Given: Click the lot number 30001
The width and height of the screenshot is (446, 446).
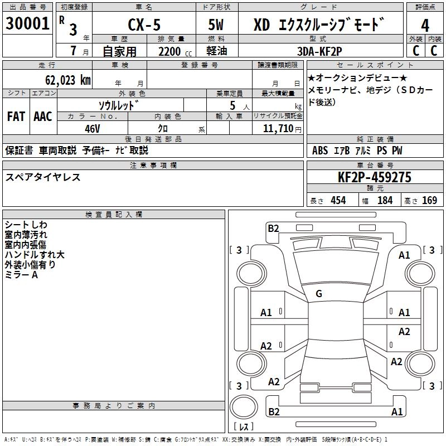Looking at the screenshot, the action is (x=28, y=24).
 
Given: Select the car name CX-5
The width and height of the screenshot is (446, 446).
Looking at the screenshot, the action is (x=142, y=26).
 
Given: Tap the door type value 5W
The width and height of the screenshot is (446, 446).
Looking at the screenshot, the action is (x=216, y=26).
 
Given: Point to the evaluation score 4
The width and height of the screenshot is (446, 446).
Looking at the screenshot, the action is (x=425, y=25).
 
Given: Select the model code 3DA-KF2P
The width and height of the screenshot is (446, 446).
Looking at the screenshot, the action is (x=319, y=51).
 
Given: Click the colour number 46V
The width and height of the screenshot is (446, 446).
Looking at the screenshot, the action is (x=92, y=128).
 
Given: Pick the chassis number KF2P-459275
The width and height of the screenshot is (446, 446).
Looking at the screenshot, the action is (x=375, y=177).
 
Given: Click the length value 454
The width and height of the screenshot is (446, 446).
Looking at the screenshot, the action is (x=337, y=200).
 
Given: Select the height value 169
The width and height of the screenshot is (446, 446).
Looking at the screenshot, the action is (x=429, y=200).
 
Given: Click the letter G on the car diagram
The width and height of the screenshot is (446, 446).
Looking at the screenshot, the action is (x=318, y=293).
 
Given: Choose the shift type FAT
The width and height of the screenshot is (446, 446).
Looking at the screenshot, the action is (x=16, y=116).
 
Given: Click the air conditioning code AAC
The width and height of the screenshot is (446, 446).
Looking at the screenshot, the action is (x=43, y=116).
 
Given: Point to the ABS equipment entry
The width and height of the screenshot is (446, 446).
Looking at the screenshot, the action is (x=320, y=151).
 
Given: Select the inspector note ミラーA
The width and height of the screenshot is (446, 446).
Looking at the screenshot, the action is (x=21, y=275).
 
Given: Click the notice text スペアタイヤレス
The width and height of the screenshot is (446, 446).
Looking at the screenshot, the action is (x=43, y=177).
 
